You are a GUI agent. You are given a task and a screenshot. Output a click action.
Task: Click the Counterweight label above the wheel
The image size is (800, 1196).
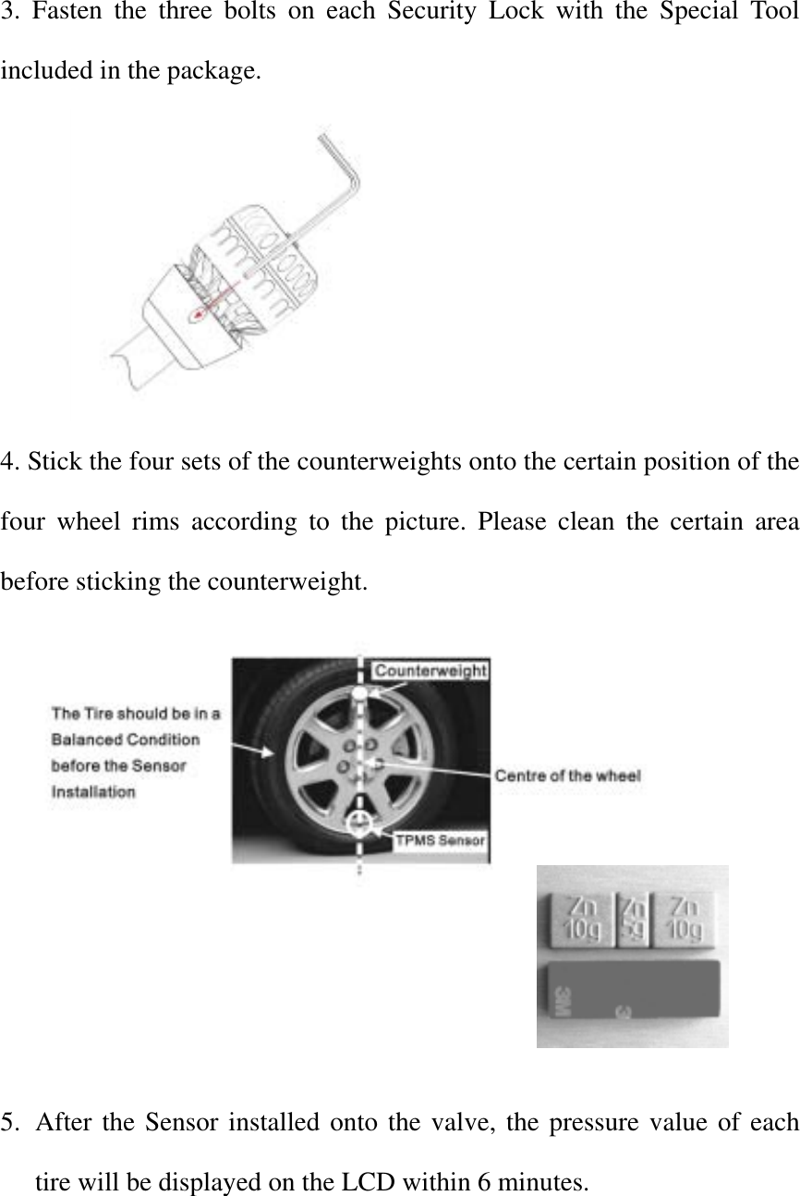coord(430,670)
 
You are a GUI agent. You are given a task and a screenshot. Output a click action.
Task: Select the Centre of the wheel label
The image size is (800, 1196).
coord(567,775)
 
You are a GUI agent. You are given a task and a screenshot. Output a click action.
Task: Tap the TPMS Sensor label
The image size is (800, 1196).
coord(441,840)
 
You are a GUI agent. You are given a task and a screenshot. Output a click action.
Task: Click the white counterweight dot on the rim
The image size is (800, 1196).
coord(359,693)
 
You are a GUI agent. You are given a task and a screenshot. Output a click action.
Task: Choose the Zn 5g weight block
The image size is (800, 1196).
coord(633,919)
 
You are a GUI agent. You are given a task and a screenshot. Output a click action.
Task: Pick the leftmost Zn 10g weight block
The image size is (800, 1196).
coord(581,919)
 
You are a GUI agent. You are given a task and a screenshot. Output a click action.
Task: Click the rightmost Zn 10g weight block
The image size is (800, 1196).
coord(685,919)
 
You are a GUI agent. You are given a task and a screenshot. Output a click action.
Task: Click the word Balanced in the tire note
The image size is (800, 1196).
coord(86,739)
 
